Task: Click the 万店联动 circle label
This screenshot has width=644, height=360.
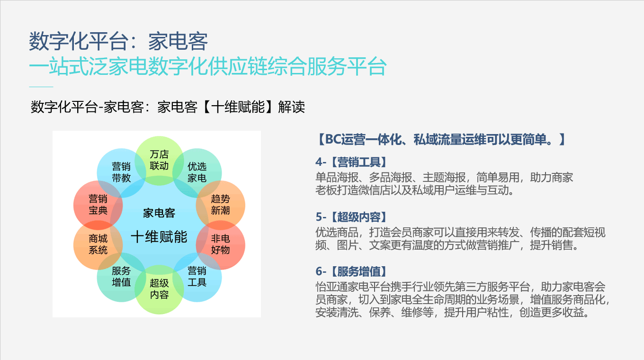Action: (x=159, y=160)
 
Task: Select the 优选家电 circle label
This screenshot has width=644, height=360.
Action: (x=197, y=172)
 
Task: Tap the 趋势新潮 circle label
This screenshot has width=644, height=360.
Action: (x=221, y=205)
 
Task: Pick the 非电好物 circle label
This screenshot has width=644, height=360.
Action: (x=221, y=244)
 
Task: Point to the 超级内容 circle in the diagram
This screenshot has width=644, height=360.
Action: (x=159, y=289)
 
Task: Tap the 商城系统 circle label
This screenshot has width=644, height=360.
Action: (x=98, y=244)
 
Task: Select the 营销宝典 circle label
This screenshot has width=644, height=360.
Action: (x=98, y=205)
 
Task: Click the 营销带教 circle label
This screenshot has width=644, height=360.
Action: (x=121, y=172)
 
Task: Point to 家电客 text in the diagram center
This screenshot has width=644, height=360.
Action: (x=159, y=213)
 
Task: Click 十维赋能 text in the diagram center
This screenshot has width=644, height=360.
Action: (x=159, y=237)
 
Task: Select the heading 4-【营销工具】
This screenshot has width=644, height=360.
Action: (x=351, y=162)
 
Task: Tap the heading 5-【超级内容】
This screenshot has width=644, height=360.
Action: (x=351, y=217)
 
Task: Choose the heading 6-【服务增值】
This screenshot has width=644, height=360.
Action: (x=351, y=271)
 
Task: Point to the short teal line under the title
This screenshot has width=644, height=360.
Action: (x=41, y=87)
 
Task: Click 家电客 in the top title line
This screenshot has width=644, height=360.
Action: (x=178, y=41)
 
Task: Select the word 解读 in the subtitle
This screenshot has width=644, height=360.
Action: (x=291, y=107)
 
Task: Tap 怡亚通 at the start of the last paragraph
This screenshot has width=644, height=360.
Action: (x=331, y=287)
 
